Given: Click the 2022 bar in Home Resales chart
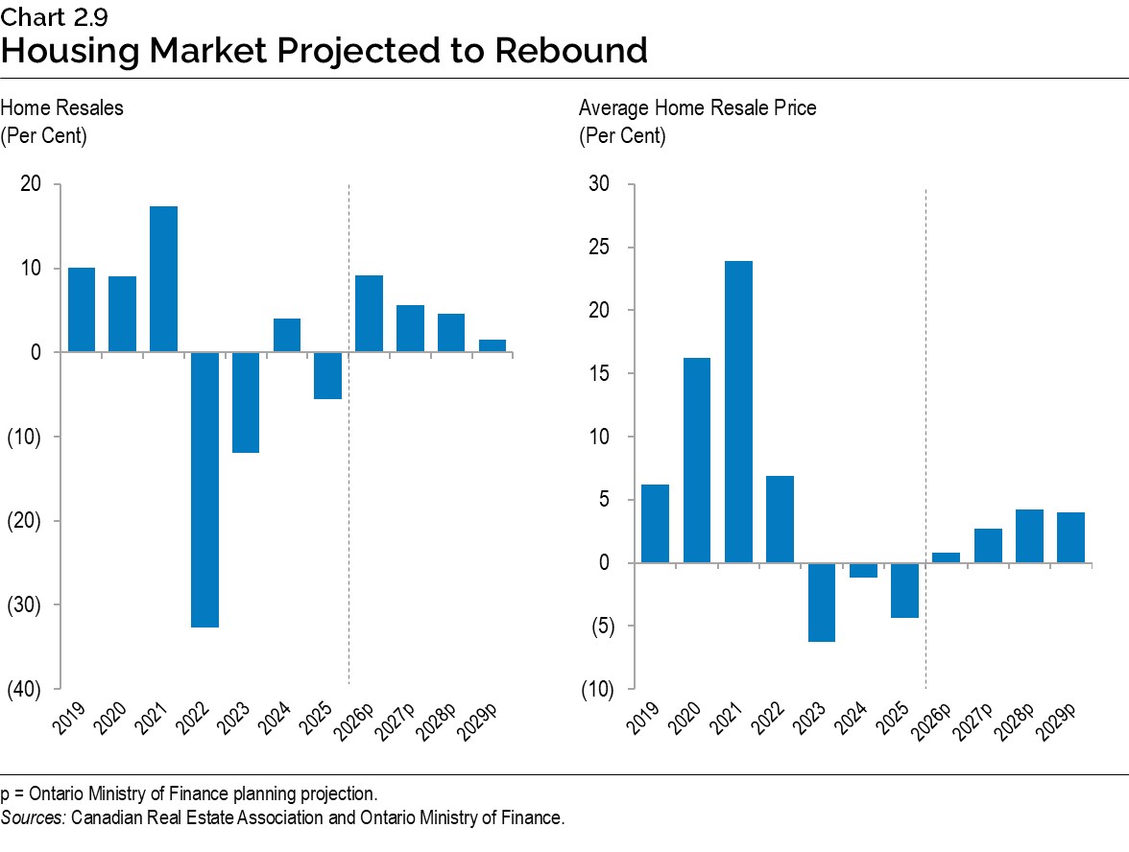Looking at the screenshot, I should point(204,489).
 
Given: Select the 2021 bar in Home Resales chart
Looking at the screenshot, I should point(163,279).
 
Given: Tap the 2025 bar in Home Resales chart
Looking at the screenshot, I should point(328,375).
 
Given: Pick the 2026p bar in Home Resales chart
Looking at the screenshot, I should point(369,314).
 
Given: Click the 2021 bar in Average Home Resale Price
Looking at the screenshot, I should point(738,412).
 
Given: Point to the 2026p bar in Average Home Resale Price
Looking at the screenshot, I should point(946,557).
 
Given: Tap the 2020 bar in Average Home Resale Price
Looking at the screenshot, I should point(697,460).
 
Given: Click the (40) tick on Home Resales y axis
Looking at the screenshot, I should point(26,689).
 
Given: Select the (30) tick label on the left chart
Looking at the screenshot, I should point(26,604).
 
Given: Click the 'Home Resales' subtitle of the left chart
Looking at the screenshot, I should point(62,107).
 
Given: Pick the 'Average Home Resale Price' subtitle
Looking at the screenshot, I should point(697,107).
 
